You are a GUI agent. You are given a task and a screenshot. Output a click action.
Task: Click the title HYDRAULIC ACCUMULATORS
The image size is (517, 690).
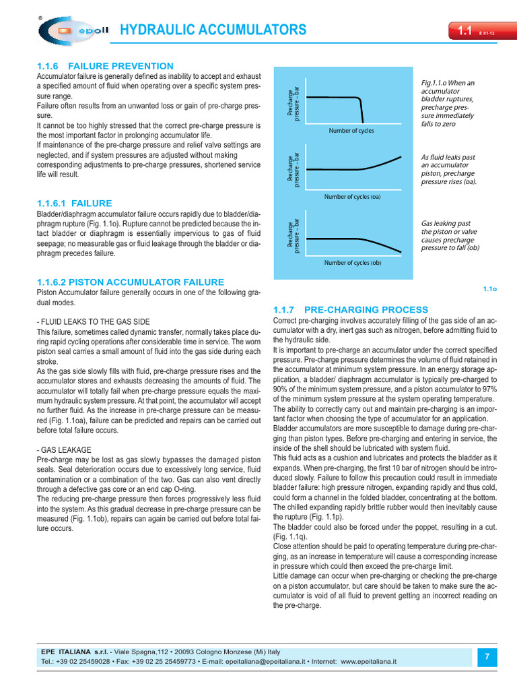tap(213, 30)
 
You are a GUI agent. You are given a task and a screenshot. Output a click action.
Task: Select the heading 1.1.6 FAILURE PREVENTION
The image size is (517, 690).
tap(105, 66)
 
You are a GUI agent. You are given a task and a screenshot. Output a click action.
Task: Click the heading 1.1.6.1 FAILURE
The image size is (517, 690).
tap(74, 203)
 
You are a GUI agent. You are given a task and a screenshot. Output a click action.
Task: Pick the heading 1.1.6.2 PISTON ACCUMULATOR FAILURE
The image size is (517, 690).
tap(130, 282)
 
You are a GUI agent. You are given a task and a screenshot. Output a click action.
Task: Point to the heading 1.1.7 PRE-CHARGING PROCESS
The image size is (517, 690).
tap(351, 309)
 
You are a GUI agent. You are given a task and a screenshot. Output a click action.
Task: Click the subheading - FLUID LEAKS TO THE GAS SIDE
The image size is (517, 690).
tap(93, 322)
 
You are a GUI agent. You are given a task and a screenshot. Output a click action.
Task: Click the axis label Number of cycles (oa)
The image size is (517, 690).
tap(352, 197)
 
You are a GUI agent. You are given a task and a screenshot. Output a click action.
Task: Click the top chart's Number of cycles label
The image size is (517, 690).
tap(351, 131)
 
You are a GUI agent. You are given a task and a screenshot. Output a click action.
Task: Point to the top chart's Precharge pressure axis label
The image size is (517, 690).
tap(294, 102)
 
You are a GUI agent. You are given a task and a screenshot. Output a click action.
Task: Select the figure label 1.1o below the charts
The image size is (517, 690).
tap(489, 289)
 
